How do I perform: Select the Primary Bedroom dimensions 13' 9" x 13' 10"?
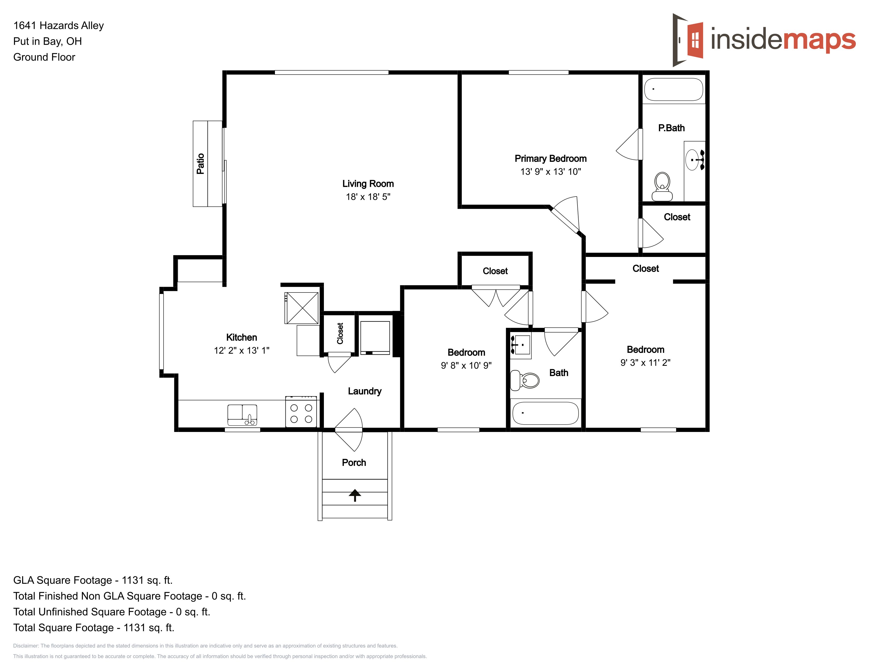(551, 172)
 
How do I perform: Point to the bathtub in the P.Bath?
(674, 89)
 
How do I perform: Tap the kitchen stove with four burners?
(301, 412)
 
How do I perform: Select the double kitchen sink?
(242, 415)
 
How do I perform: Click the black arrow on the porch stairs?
(355, 495)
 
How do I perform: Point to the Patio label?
(200, 164)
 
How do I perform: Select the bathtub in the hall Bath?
(546, 413)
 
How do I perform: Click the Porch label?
(354, 462)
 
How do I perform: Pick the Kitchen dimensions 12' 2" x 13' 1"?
(241, 350)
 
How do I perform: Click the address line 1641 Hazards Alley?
(58, 26)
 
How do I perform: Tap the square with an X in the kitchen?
(302, 308)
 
